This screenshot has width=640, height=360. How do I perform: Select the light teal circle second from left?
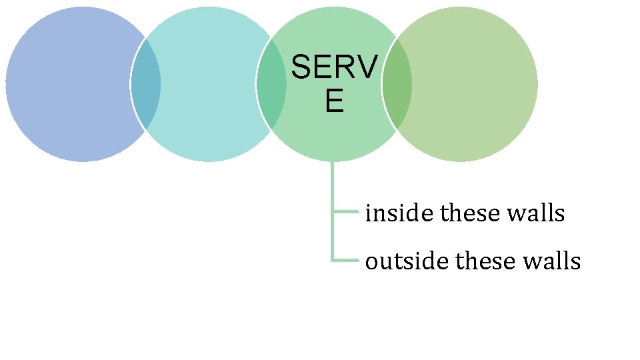coord(208,85)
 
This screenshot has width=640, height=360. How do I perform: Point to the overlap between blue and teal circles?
coord(145,85)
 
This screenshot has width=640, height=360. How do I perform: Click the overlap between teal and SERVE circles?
coord(271,85)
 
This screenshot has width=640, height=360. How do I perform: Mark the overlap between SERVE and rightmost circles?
coord(397,85)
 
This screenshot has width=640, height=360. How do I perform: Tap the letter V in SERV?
coord(366,67)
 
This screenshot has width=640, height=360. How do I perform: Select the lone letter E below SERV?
coord(334,101)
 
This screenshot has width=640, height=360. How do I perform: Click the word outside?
coord(407,261)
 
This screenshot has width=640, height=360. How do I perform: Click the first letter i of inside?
coord(369,213)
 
